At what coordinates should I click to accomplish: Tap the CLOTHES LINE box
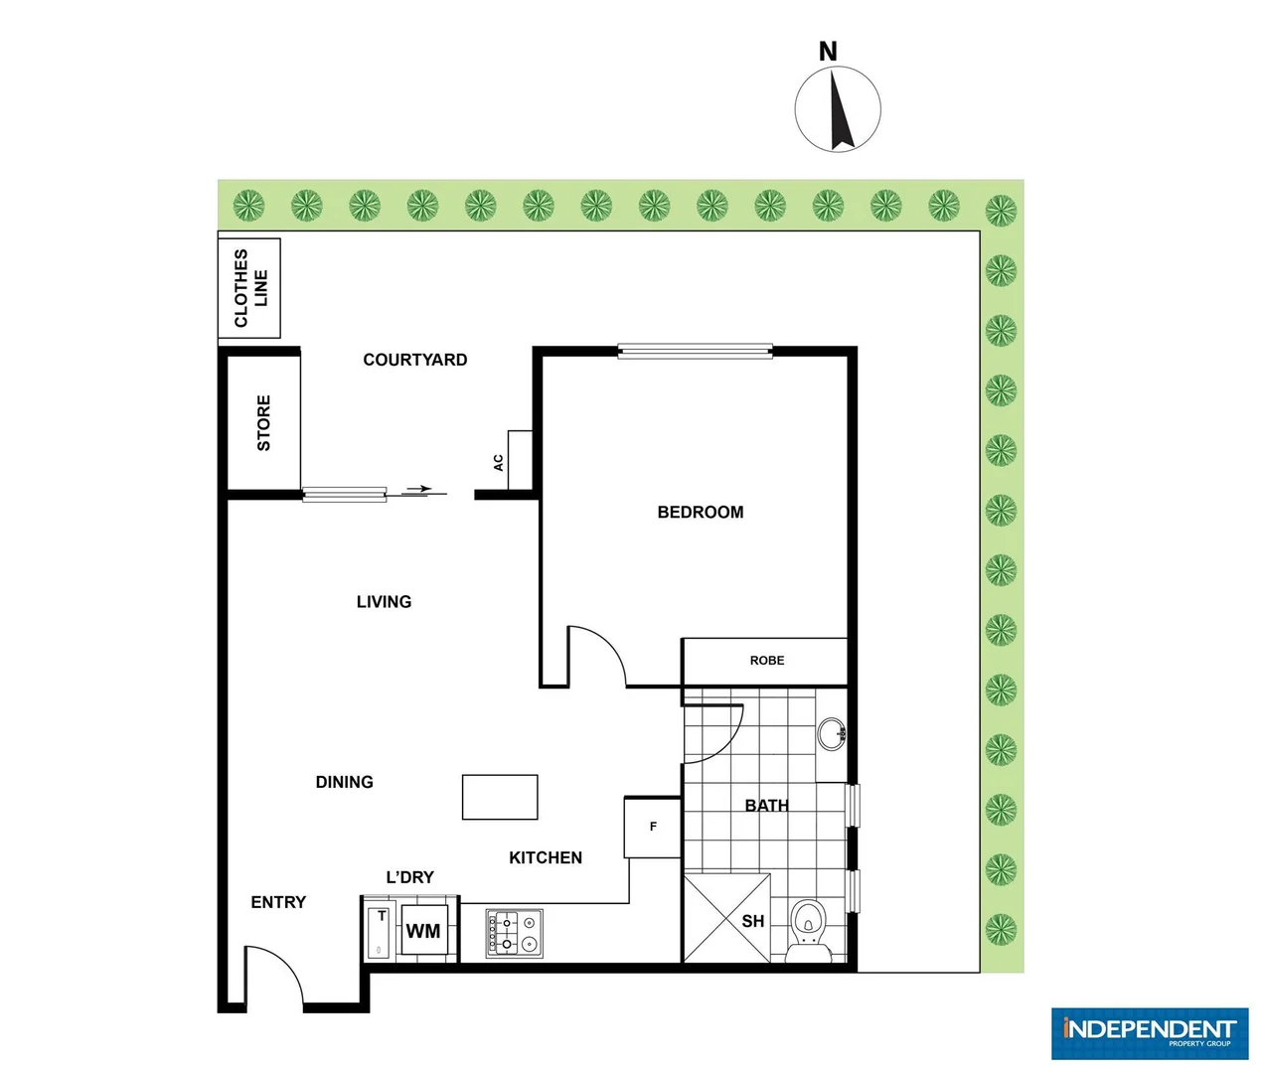click(249, 288)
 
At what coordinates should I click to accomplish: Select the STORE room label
click(263, 423)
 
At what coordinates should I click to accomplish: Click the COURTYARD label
click(414, 360)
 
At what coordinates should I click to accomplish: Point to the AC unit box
click(519, 460)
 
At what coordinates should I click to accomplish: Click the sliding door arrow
click(418, 489)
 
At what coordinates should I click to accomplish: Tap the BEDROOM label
click(700, 512)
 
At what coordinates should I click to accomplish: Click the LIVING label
click(384, 601)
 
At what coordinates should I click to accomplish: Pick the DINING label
click(344, 782)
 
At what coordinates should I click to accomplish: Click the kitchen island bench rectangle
click(500, 797)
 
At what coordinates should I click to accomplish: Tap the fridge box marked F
click(653, 827)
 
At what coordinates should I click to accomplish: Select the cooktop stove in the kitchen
click(515, 933)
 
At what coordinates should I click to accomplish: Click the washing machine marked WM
click(423, 931)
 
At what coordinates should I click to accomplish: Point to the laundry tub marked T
click(380, 932)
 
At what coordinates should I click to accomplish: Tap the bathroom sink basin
click(831, 734)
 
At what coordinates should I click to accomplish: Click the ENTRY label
click(278, 902)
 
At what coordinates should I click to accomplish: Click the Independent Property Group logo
click(1149, 1033)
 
